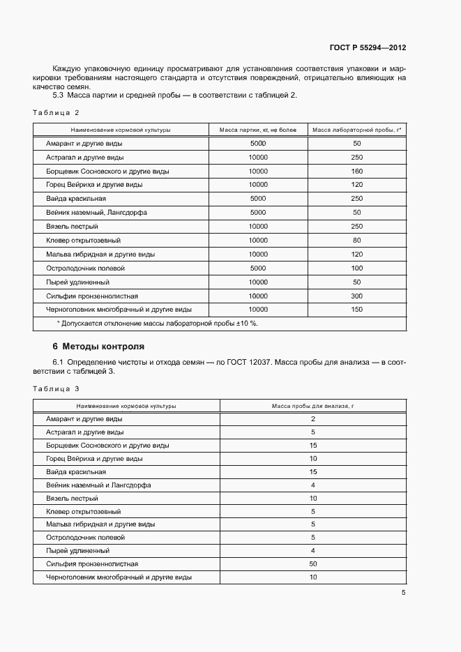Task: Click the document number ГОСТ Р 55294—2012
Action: coord(368,48)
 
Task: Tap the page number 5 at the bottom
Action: coord(403,593)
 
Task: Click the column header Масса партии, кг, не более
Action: coord(257,130)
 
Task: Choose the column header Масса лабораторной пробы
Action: coord(356,130)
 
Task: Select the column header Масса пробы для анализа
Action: coord(313,405)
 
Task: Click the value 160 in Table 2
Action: coord(357,171)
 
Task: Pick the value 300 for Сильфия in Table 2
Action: coord(357,296)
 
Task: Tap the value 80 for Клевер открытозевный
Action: coord(357,240)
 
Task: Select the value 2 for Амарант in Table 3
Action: coord(313,419)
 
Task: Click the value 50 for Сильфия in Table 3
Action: coord(313,563)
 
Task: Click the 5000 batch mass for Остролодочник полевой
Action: coord(257,268)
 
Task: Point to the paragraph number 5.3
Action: coord(59,95)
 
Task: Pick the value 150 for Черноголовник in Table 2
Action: coord(357,309)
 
